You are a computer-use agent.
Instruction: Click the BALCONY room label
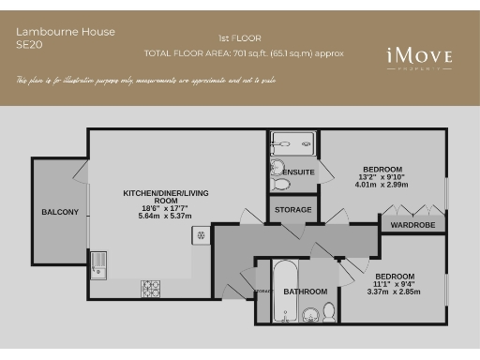(x=60, y=212)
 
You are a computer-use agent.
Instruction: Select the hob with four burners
(x=151, y=285)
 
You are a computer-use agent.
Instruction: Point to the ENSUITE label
(x=299, y=172)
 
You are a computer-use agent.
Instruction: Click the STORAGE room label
(x=292, y=210)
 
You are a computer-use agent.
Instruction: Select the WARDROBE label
(x=408, y=225)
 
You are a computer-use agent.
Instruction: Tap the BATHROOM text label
(x=305, y=292)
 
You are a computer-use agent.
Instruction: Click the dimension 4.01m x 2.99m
(x=382, y=185)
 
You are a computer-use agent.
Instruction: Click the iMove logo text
(x=419, y=57)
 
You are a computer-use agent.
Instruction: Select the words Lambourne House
(x=66, y=32)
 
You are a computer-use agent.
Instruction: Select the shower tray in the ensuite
(x=292, y=143)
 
